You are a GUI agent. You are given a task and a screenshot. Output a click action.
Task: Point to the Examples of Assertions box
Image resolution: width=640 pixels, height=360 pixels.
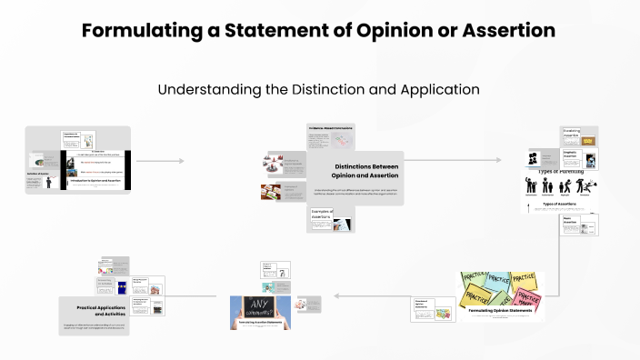point(322,215)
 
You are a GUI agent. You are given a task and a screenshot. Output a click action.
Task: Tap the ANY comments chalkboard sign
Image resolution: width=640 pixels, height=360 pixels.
point(259,310)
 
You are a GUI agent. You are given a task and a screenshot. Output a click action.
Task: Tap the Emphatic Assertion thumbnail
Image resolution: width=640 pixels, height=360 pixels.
point(579,158)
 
